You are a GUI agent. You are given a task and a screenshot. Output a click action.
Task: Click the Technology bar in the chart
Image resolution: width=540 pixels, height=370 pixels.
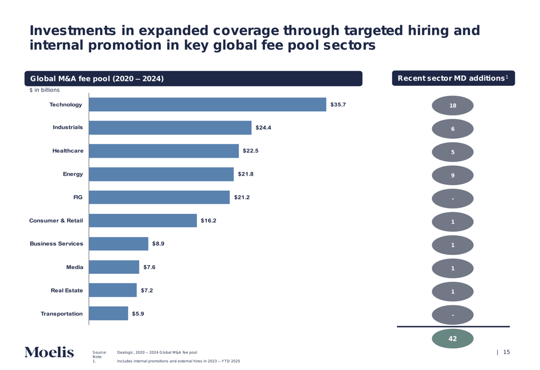207,105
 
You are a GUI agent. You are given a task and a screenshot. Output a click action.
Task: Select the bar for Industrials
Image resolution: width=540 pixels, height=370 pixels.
170,128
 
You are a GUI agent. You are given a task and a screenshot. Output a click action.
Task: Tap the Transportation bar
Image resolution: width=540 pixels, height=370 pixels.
109,314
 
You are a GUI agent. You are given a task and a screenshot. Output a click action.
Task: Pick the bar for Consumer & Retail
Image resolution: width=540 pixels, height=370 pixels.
143,221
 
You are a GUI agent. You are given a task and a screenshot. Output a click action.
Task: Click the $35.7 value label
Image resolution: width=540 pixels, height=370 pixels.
338,105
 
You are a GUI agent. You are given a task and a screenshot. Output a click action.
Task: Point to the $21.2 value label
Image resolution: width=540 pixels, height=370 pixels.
242,198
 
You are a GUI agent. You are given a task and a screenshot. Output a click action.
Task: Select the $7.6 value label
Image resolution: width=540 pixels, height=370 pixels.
149,267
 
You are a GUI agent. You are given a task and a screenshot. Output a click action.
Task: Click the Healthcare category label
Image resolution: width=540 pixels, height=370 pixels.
68,151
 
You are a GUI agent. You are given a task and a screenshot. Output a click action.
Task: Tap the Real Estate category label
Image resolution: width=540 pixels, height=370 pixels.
67,291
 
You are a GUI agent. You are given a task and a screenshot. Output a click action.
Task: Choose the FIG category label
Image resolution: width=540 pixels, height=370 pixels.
78,198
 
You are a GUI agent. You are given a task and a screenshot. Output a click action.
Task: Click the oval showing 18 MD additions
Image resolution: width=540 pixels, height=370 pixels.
453,106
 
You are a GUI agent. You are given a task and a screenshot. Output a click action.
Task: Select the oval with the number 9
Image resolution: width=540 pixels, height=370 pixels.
453,176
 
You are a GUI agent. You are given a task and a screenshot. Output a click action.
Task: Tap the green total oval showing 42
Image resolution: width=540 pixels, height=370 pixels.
453,339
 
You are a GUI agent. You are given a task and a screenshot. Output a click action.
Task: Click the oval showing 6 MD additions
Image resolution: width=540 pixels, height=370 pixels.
453,129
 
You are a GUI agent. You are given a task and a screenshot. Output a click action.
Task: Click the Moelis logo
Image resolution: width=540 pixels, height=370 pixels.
49,352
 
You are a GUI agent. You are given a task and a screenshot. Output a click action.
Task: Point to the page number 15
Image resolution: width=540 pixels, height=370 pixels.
507,352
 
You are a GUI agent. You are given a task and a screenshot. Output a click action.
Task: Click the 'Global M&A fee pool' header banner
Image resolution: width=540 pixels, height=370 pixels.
193,79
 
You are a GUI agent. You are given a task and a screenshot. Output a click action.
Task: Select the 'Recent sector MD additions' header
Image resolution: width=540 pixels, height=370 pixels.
453,78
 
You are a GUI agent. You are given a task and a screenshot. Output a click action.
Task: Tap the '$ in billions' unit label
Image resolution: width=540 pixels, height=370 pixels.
44,90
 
